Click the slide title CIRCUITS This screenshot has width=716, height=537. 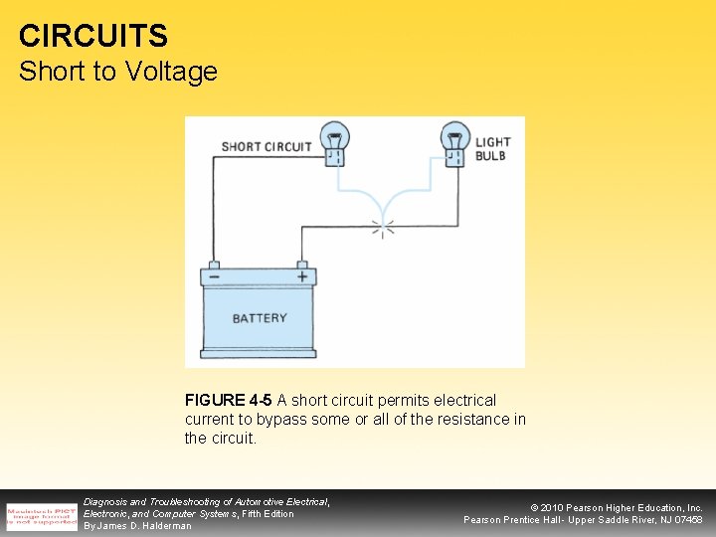coord(93,37)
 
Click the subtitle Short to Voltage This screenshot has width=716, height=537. coord(117,72)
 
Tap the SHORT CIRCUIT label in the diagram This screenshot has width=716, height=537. coord(266,147)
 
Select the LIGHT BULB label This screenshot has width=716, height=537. coord(491,149)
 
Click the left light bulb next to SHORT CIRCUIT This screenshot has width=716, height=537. coord(333,142)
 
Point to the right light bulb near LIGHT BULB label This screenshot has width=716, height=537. coord(455,142)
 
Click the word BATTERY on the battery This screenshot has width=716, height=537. coord(260,318)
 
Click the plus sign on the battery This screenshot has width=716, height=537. coord(302,276)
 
